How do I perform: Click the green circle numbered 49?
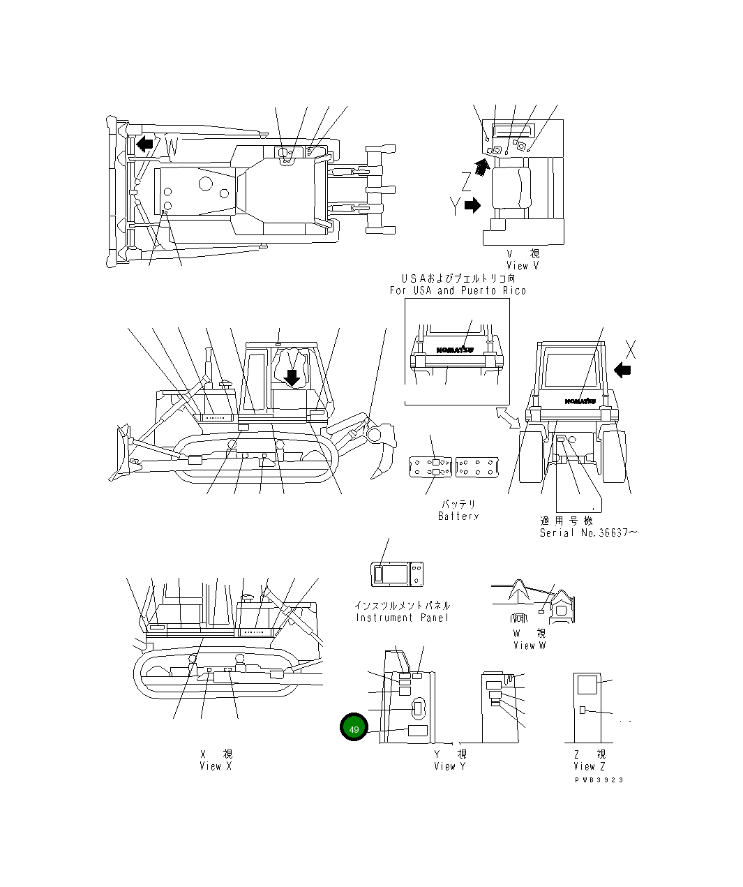pyautogui.click(x=354, y=729)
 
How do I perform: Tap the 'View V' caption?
pyautogui.click(x=523, y=265)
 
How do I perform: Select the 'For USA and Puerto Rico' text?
pyautogui.click(x=458, y=290)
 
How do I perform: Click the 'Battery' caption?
pyautogui.click(x=458, y=516)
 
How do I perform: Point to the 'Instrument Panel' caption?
pyautogui.click(x=403, y=618)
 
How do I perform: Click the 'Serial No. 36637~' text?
pyautogui.click(x=589, y=532)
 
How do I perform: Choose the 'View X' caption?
pyautogui.click(x=216, y=766)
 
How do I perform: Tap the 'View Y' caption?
pyautogui.click(x=449, y=766)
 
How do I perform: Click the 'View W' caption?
pyautogui.click(x=530, y=646)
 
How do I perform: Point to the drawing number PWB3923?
pyautogui.click(x=599, y=780)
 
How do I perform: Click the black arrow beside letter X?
pyautogui.click(x=623, y=369)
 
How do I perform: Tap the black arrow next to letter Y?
pyautogui.click(x=473, y=205)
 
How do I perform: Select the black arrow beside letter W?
pyautogui.click(x=145, y=144)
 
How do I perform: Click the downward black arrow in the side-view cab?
pyautogui.click(x=293, y=377)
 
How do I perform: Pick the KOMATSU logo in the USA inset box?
pyautogui.click(x=454, y=350)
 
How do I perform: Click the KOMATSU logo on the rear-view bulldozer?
pyautogui.click(x=580, y=401)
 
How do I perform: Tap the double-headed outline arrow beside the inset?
pyautogui.click(x=508, y=417)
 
